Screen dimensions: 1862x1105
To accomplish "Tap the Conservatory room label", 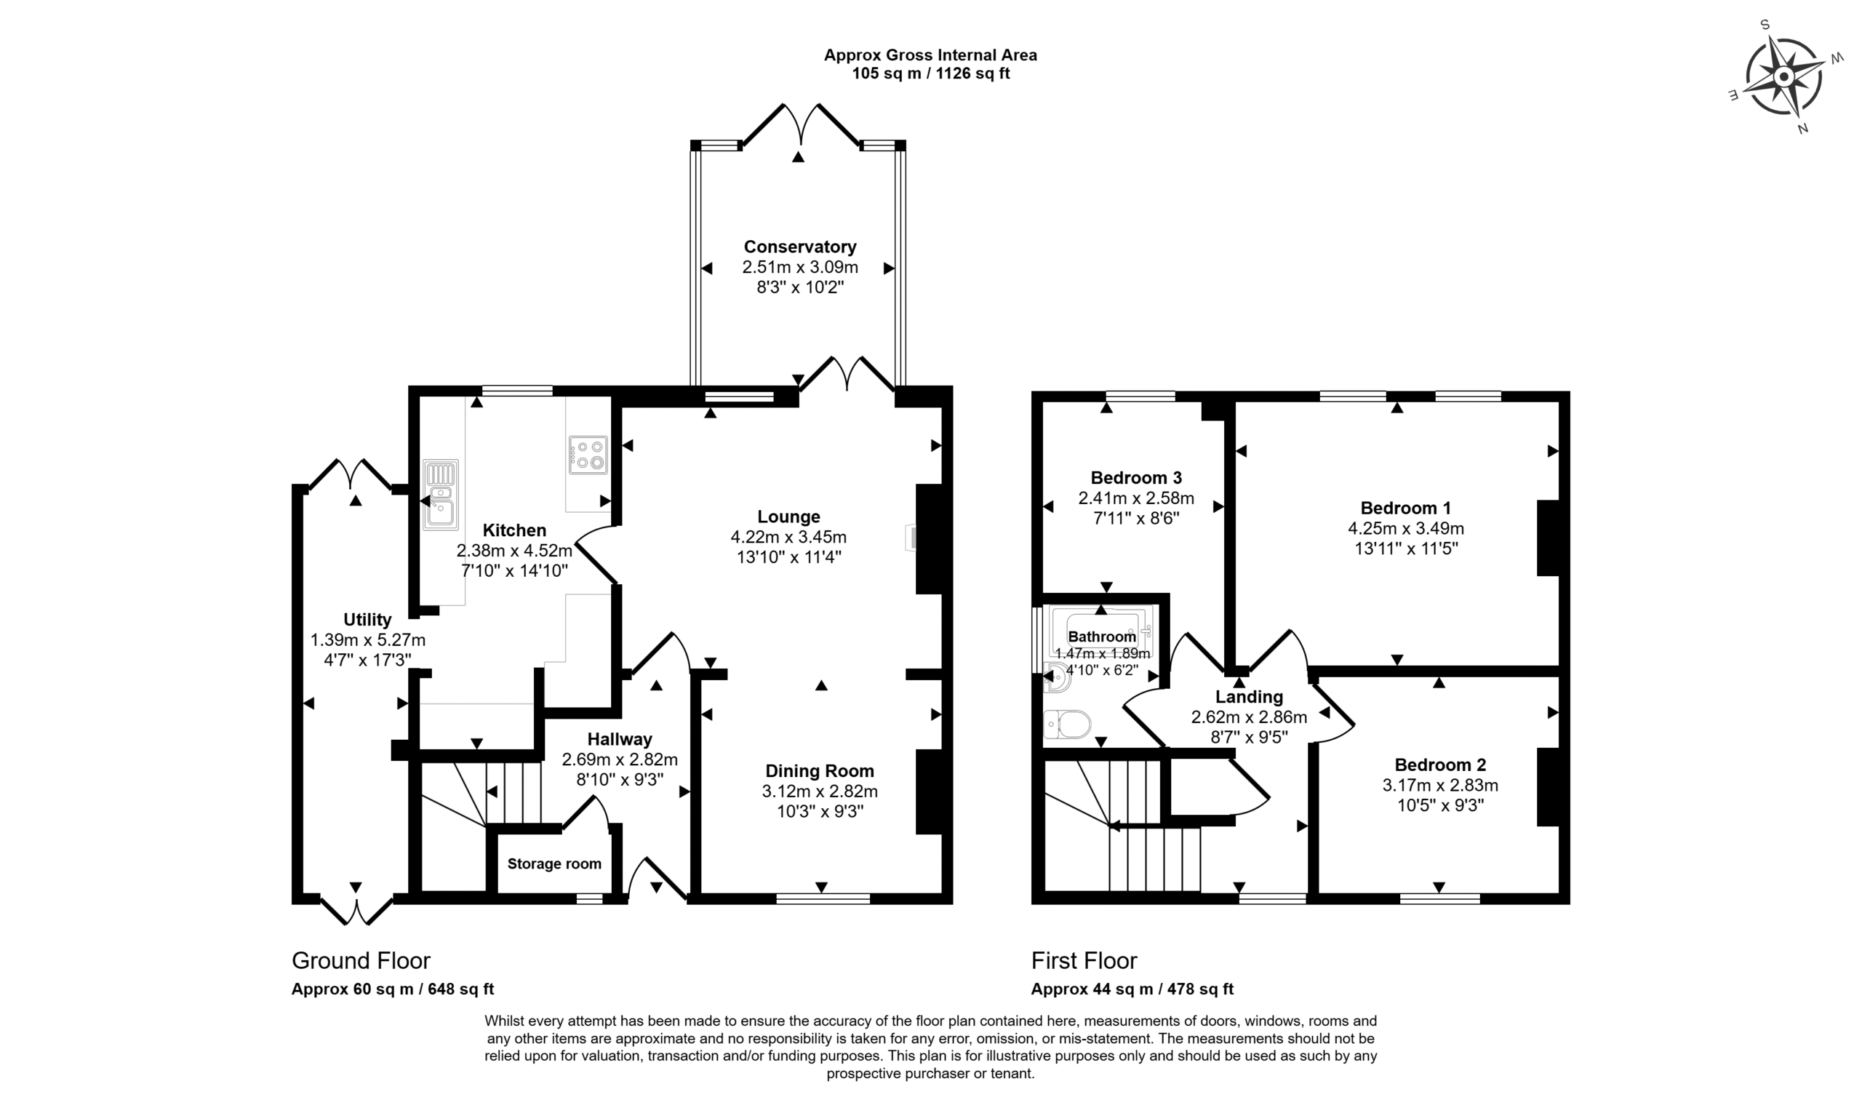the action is pyautogui.click(x=799, y=247).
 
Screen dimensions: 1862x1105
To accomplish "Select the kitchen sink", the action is pyautogui.click(x=441, y=495).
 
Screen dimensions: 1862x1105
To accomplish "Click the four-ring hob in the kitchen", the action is pyautogui.click(x=588, y=455).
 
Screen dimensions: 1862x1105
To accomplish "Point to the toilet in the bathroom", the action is pyautogui.click(x=1067, y=724).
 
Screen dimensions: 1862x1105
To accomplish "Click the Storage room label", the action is pyautogui.click(x=554, y=863).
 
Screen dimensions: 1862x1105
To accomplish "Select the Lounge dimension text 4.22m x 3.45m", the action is pyautogui.click(x=788, y=537).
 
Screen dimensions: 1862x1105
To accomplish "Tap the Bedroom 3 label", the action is pyautogui.click(x=1135, y=477).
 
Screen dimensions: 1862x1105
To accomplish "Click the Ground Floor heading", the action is pyautogui.click(x=361, y=960).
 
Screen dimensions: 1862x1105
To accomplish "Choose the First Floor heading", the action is pyautogui.click(x=1084, y=960).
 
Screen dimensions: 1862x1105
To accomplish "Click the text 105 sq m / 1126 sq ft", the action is pyautogui.click(x=930, y=73).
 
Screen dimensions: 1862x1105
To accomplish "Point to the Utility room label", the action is pyautogui.click(x=367, y=620).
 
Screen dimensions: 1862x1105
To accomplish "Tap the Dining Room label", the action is pyautogui.click(x=820, y=770).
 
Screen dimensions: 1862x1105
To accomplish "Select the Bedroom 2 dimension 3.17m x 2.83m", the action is pyautogui.click(x=1440, y=785).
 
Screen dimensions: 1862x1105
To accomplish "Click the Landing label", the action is pyautogui.click(x=1249, y=697).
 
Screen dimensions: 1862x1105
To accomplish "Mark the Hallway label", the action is pyautogui.click(x=620, y=739).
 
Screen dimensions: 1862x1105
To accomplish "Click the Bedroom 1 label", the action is pyautogui.click(x=1405, y=508).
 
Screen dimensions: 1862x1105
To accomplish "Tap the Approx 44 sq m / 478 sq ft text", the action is pyautogui.click(x=1132, y=989).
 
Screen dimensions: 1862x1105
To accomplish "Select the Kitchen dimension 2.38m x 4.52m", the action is pyautogui.click(x=514, y=551).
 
